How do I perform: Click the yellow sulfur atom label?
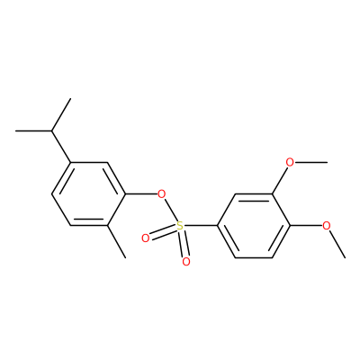[180, 226]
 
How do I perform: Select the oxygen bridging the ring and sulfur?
[162, 194]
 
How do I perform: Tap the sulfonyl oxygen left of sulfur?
[146, 238]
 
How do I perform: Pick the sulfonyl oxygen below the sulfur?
[186, 262]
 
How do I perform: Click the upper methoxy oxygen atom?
[290, 163]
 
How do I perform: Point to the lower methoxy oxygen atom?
[327, 226]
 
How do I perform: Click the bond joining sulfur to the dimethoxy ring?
[201, 226]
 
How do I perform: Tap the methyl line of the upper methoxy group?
[310, 163]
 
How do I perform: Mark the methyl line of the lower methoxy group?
[337, 244]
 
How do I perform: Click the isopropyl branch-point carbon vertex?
[51, 131]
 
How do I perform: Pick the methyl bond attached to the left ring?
[116, 241]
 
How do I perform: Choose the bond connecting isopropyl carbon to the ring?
[61, 147]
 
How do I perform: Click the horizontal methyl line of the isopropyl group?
[33, 131]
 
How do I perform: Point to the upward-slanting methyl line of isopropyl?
[61, 115]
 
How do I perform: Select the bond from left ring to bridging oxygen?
[141, 194]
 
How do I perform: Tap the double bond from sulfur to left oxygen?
[163, 232]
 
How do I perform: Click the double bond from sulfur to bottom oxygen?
[184, 244]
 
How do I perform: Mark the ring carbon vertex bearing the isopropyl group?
[70, 163]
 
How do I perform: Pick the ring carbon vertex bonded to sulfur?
[217, 226]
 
